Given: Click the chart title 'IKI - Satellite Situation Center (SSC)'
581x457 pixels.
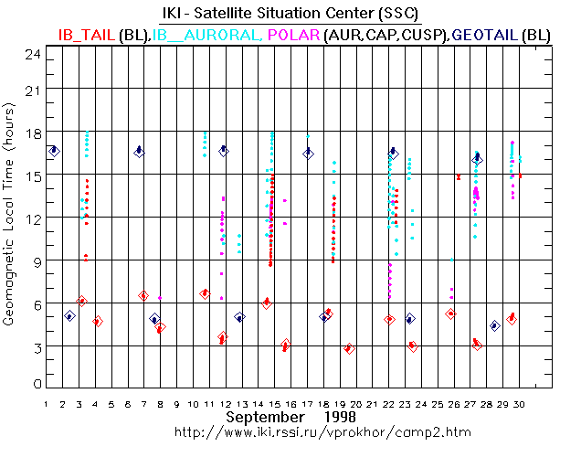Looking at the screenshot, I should pos(290,14).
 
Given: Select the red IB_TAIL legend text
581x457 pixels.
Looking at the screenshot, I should pos(87,34).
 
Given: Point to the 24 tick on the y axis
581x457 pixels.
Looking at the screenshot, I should pos(34,55).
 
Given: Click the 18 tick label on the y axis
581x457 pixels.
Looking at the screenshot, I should pos(34,133).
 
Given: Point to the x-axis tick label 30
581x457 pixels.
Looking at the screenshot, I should pos(519,402).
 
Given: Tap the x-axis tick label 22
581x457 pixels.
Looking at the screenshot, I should pos(388,402).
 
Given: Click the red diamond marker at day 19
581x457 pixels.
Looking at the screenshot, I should pos(348,348).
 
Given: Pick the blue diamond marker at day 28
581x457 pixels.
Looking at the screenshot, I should pos(494,325).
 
